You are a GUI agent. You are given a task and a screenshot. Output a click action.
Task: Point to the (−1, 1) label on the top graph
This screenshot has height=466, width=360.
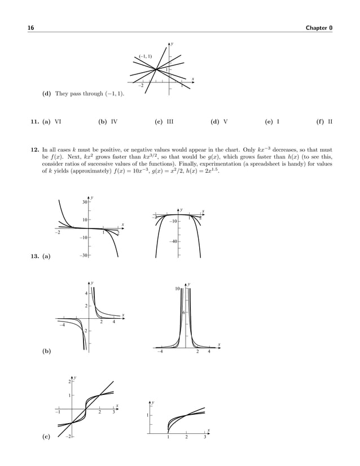pos(145,56)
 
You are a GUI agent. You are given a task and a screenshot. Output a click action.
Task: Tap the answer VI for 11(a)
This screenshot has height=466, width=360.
pos(58,121)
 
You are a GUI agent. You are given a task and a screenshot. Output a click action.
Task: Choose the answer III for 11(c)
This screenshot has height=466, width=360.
pos(170,121)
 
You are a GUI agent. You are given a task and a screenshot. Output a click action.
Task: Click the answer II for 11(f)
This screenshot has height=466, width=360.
pos(330,121)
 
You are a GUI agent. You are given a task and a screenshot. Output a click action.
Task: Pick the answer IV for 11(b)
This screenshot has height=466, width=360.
pos(114,121)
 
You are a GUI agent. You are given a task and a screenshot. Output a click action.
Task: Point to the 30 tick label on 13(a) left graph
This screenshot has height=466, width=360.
pos(84,202)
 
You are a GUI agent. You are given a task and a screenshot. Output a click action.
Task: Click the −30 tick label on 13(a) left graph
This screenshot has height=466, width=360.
pos(83,256)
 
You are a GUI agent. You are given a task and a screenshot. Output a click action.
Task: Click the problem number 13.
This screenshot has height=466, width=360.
pos(33,257)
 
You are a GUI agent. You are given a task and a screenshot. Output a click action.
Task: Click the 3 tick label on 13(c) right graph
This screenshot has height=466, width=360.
pos(205,438)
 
